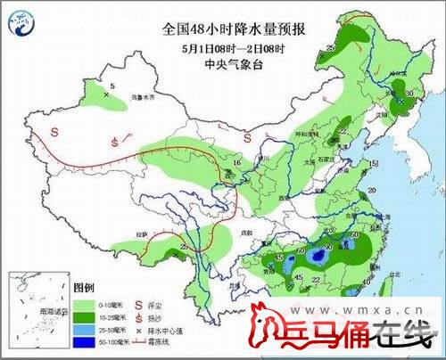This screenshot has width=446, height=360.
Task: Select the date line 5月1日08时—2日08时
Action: (x=234, y=47)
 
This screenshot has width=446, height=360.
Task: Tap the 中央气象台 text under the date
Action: (x=234, y=63)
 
